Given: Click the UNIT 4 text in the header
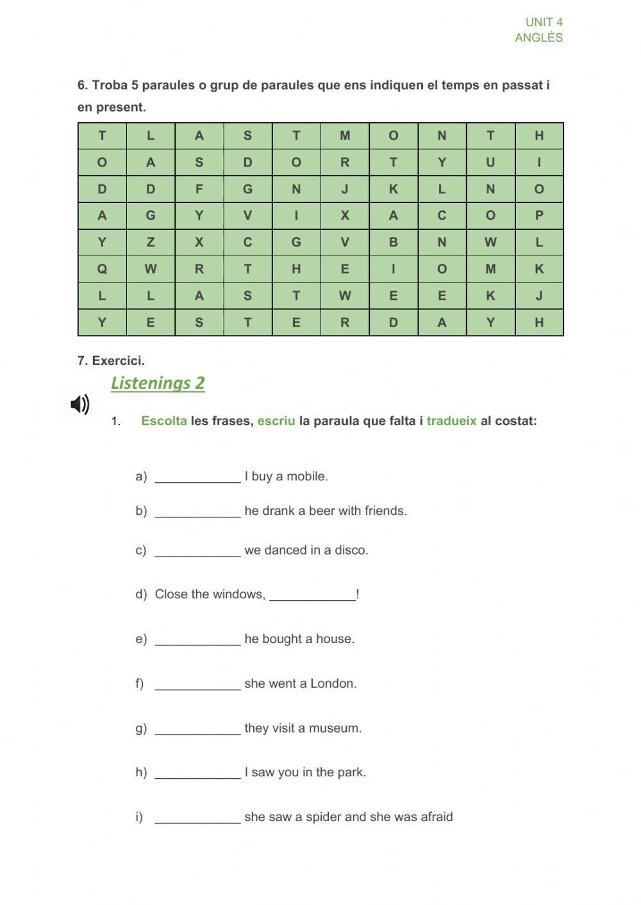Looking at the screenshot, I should coord(544,22).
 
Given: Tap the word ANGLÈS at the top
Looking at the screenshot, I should coord(538,38).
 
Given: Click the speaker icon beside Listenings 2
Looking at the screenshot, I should coord(79,405).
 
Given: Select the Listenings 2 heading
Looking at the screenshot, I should coord(158,383).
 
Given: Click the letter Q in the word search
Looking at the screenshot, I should coord(102,270).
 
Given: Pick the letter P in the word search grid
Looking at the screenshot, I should coord(539,216).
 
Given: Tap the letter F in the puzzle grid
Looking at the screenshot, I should coord(199,189).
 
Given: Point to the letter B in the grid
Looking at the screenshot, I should coord(394,243).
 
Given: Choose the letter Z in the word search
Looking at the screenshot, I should coord(151,243).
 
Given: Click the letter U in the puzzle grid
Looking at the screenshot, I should coord(490,163).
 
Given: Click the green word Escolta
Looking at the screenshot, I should coord(164,421).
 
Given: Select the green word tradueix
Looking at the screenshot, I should coord(451,421).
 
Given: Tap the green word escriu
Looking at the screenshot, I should coord(276,421).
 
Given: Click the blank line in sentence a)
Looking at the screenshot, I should coord(197,478).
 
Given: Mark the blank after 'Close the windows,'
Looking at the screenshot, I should coord(312,596).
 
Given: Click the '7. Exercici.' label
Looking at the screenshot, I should coord(111,361).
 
